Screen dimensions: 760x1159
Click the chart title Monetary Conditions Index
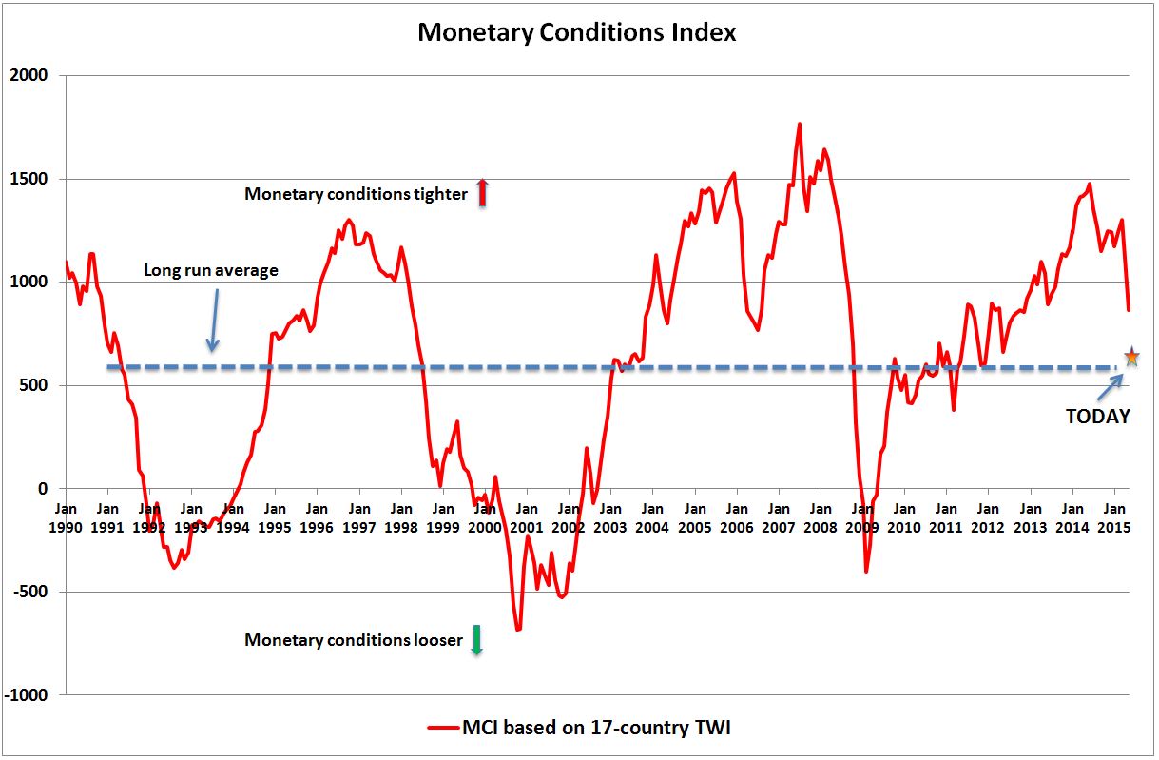tap(577, 32)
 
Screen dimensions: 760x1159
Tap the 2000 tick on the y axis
tap(31, 75)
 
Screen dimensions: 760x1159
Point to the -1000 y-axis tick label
tap(29, 695)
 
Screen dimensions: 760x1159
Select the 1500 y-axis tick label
tap(31, 179)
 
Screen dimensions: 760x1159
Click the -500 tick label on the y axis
tap(31, 592)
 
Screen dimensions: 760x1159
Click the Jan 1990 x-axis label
tap(66, 517)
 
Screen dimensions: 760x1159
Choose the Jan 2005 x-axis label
tap(694, 517)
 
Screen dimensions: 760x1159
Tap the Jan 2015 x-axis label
tap(1113, 517)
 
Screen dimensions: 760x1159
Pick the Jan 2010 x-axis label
tap(904, 517)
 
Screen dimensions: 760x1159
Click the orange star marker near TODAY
tap(1131, 358)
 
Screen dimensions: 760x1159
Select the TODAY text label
tap(1097, 417)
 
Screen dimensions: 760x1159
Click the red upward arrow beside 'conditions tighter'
tap(482, 193)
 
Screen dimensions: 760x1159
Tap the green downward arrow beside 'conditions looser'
tap(477, 640)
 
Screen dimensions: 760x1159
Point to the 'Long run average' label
tap(211, 270)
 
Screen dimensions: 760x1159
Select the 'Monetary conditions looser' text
tap(353, 640)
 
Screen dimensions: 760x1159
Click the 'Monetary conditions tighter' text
tap(356, 194)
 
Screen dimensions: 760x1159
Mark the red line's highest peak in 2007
tap(799, 124)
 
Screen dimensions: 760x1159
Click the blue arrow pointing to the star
tap(1109, 386)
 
